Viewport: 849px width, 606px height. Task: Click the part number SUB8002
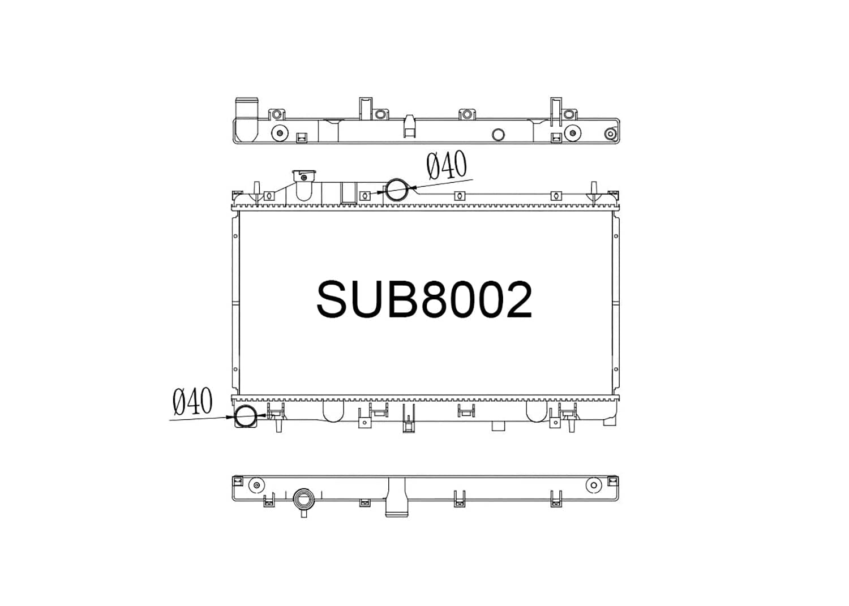(x=424, y=300)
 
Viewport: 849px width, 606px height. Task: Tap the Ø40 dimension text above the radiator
(x=447, y=165)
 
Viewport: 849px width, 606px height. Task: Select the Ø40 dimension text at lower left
(x=192, y=402)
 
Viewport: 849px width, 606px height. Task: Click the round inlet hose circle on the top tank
(x=397, y=190)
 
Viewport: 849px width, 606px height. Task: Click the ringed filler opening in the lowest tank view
(x=303, y=500)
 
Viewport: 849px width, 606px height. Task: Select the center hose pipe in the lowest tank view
(x=396, y=498)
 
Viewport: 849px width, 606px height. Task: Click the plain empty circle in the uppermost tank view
(x=498, y=135)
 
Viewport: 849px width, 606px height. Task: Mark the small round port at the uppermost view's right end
(x=610, y=134)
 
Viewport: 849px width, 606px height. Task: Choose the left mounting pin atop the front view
(x=256, y=191)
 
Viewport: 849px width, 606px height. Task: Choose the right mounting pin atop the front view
(x=594, y=191)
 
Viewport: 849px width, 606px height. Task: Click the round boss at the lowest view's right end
(x=594, y=485)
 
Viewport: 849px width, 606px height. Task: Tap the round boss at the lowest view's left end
(x=256, y=485)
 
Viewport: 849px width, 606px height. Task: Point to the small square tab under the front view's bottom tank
(x=498, y=426)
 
